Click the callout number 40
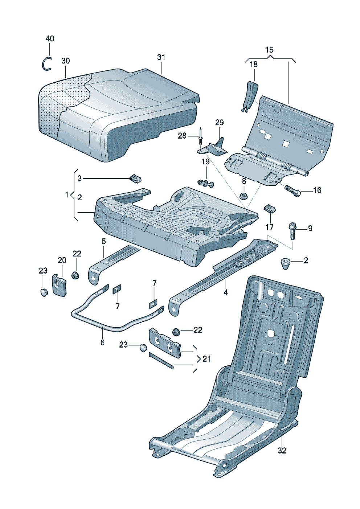point(50,38)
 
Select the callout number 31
point(161,57)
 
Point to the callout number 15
point(269,50)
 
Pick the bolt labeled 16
point(292,190)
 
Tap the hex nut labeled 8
point(244,197)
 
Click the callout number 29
point(219,122)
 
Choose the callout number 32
point(282,451)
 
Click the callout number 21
point(206,359)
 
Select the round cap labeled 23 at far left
point(44,292)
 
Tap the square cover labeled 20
point(60,285)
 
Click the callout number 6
point(102,342)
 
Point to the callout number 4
point(225,292)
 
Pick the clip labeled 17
point(269,209)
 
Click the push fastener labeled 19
point(205,183)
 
